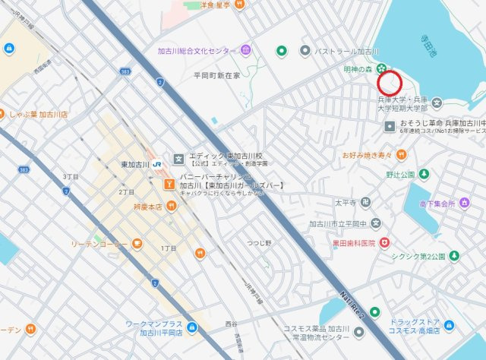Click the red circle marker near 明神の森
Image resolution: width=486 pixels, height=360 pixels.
click(390, 82)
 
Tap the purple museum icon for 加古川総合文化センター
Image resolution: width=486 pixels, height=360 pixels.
click(246, 51)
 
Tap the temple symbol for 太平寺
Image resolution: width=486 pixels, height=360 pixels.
click(366, 202)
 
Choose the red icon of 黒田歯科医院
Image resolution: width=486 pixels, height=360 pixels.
click(385, 242)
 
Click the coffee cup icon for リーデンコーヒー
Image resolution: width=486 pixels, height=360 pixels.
click(137, 243)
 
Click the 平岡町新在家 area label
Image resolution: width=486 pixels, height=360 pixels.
click(216, 76)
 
